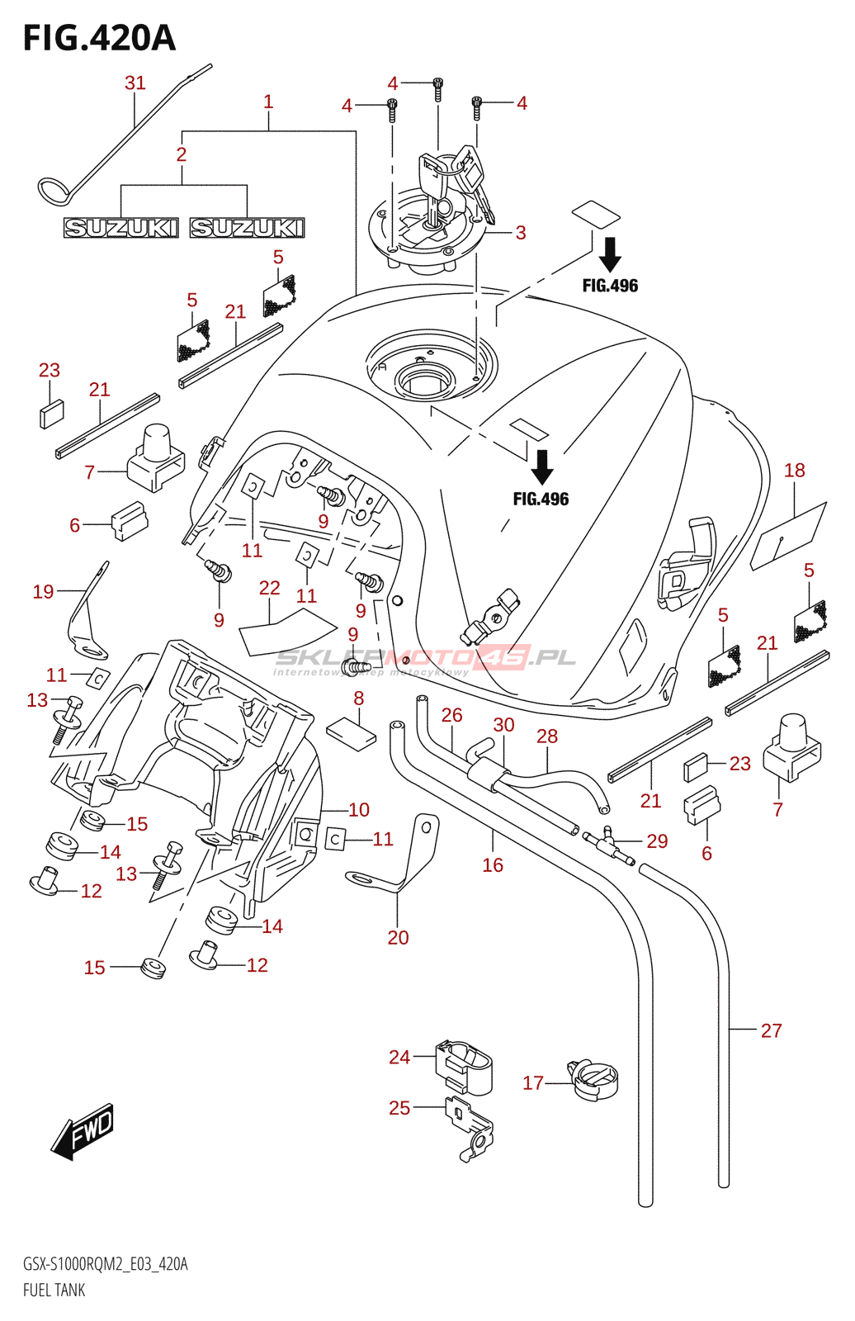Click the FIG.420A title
99,38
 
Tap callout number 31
135,83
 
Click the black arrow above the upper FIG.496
610,253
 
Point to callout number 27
771,1030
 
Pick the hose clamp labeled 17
594,1081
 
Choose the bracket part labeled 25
470,1127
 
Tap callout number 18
794,471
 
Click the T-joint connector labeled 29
609,846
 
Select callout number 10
359,810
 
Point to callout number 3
521,233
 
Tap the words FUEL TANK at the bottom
54,1290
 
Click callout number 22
270,588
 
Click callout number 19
43,591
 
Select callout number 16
493,864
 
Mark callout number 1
268,102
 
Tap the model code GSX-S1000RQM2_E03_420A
106,1264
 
